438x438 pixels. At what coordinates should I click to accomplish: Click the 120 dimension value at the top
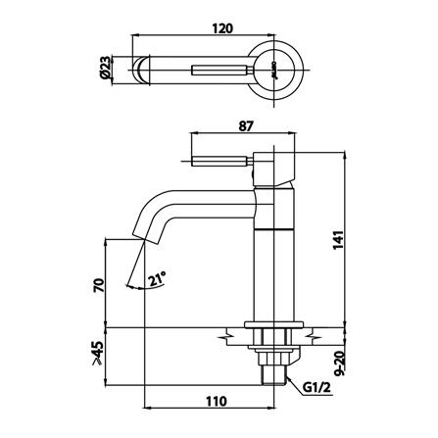click(222, 28)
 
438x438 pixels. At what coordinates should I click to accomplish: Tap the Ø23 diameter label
click(105, 69)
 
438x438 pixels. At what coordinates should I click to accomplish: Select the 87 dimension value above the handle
click(246, 126)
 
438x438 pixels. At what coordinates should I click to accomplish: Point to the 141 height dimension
click(339, 240)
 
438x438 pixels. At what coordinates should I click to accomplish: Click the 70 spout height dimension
click(99, 285)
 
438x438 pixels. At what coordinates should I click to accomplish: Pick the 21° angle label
click(157, 279)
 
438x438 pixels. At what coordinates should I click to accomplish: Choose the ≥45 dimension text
click(97, 353)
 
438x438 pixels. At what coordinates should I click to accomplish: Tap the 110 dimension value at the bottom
click(217, 401)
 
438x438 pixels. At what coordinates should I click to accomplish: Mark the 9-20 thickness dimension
click(341, 363)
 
